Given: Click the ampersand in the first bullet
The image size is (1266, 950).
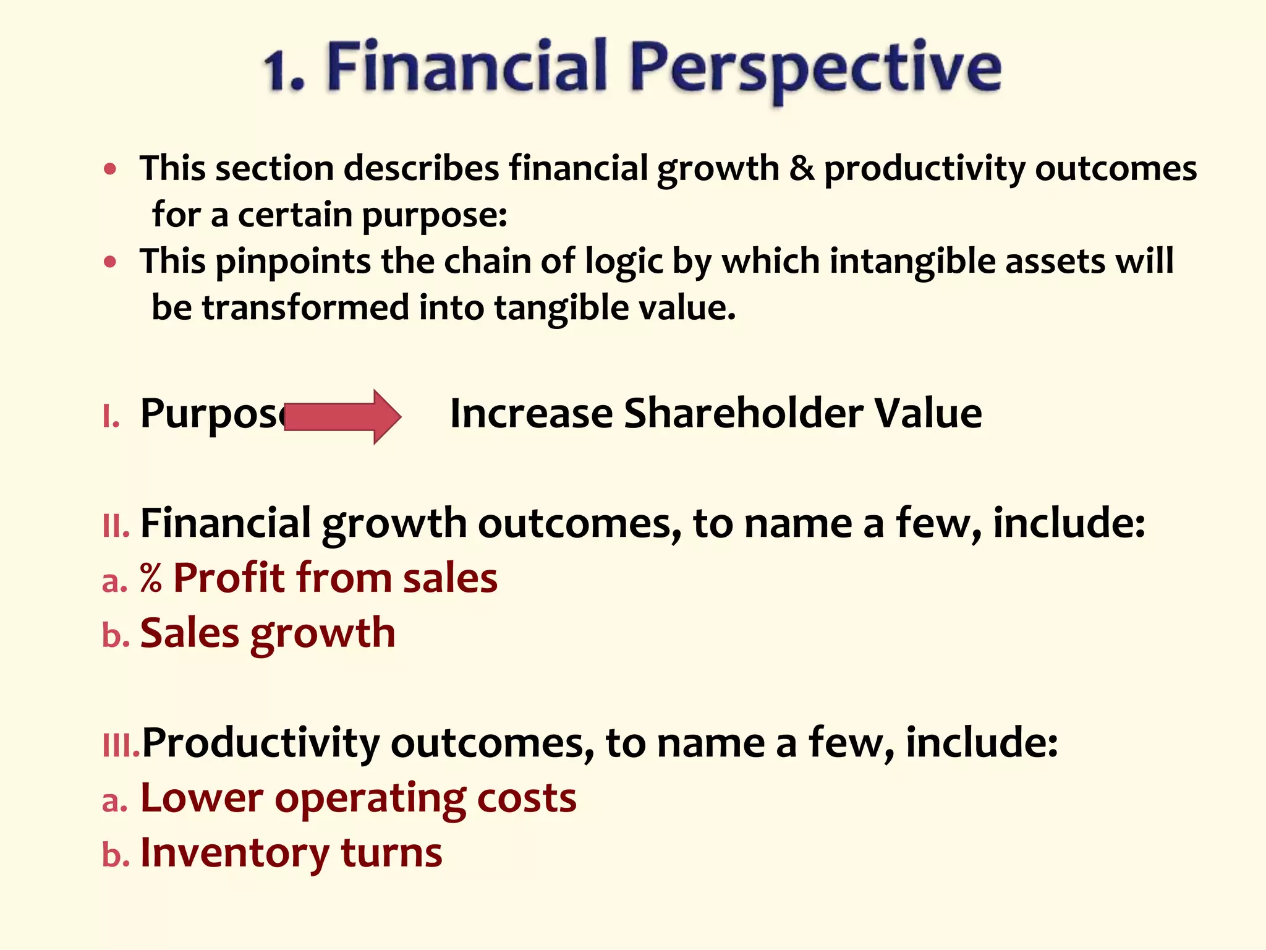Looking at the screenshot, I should tap(802, 168).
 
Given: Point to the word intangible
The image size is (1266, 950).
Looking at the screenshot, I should tap(912, 261).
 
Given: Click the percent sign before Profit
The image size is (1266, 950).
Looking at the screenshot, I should tap(151, 578).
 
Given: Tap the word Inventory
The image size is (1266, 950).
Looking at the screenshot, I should tap(235, 853).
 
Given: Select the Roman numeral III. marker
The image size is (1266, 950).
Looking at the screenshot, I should tap(121, 746).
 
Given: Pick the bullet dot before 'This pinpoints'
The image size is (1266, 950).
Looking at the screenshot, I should tap(110, 262).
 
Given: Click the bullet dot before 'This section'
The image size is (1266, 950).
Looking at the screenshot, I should tap(110, 169).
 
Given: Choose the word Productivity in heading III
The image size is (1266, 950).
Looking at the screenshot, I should tap(260, 744).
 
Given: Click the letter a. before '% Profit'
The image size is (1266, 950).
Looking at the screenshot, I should tap(115, 581).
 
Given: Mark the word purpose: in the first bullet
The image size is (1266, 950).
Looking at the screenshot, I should tap(434, 216).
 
